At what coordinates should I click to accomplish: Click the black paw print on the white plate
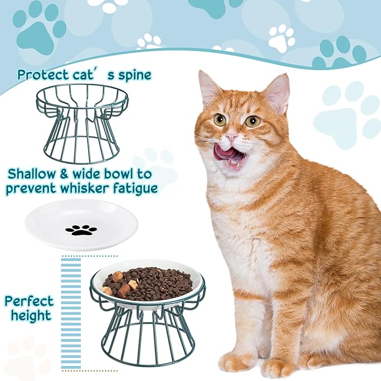[x=81, y=229]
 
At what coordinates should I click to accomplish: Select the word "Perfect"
[x=29, y=301]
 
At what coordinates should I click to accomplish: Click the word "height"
[x=29, y=315]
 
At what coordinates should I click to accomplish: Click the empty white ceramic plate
[x=82, y=224]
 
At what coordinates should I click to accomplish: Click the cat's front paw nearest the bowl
[x=236, y=361]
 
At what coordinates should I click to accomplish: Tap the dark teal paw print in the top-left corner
[x=39, y=31]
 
